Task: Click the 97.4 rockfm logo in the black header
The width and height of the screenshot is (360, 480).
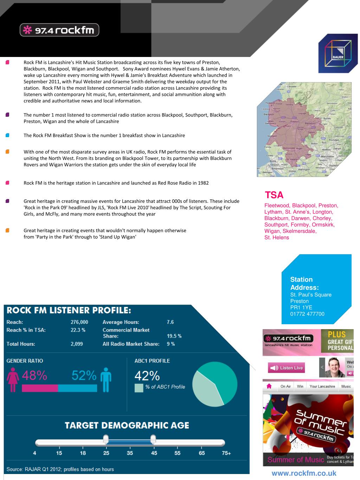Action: click(59, 30)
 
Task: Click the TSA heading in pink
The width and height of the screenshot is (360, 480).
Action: click(274, 195)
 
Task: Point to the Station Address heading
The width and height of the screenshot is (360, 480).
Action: click(304, 283)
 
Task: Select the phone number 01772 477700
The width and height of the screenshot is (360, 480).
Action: click(307, 314)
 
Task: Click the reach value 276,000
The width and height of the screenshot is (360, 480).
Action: click(79, 322)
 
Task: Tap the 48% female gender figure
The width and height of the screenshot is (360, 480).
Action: click(34, 376)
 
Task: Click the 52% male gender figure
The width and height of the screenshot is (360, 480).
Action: click(84, 376)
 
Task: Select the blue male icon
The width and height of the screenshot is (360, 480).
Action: click(105, 380)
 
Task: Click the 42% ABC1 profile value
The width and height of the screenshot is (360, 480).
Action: click(147, 376)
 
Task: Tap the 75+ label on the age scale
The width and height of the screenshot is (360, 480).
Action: click(226, 453)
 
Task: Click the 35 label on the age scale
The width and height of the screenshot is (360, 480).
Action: click(130, 453)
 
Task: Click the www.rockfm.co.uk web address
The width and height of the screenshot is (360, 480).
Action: click(304, 473)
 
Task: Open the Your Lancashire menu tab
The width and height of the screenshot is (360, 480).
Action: click(322, 386)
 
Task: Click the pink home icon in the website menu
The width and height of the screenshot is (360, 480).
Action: click(269, 386)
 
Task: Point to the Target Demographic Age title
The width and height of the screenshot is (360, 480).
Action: click(127, 425)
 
